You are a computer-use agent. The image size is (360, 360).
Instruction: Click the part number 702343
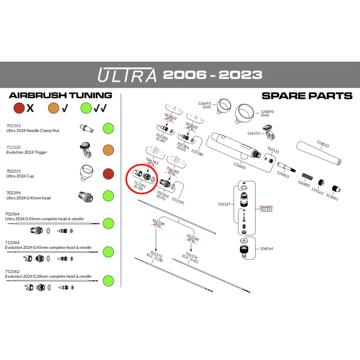coord(13,126)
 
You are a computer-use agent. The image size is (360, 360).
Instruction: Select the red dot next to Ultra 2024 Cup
coord(108,173)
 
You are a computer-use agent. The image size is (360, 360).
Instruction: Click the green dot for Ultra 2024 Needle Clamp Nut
coord(108,128)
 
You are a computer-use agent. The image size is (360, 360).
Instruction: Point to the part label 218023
coord(322,145)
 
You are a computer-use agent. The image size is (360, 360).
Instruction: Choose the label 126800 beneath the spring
coord(304,184)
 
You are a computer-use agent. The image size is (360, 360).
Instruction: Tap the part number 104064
coord(267,248)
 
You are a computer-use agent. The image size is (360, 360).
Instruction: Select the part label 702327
coord(224,204)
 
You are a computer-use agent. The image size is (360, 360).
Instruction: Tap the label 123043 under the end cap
coord(332,198)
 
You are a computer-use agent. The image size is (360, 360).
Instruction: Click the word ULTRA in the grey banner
coord(127,75)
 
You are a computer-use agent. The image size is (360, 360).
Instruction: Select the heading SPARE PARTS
coord(306,96)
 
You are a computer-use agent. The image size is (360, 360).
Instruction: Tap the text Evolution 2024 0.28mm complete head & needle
coord(48,276)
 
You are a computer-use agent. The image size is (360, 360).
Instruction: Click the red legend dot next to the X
coord(19,108)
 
